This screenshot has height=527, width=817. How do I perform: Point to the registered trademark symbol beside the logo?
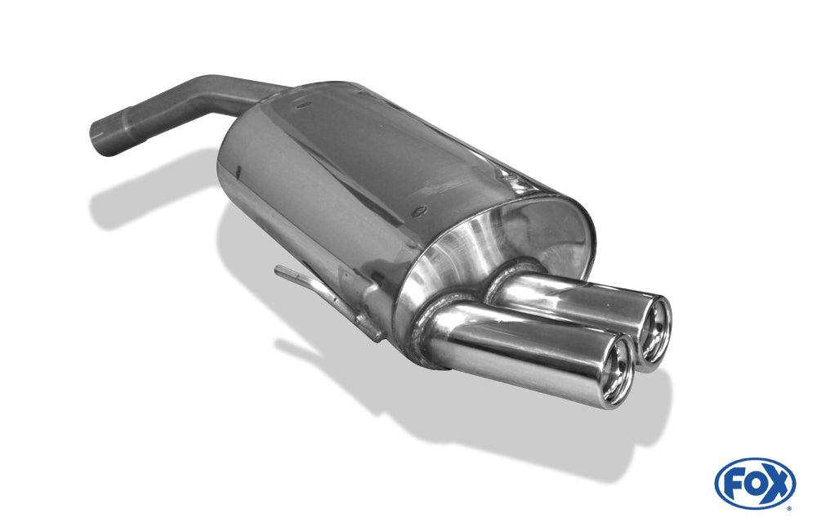[x=788, y=507]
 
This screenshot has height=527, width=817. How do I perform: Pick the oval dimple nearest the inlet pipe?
[x=303, y=105]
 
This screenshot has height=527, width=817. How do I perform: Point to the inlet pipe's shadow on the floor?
[x=139, y=196]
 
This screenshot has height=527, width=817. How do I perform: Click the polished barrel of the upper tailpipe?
[x=572, y=298]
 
